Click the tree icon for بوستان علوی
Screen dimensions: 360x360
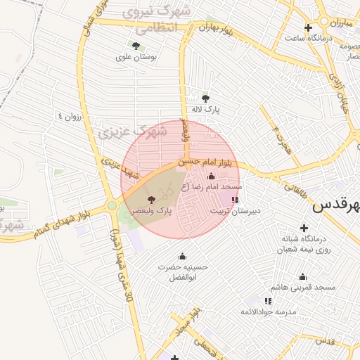tap(136, 46)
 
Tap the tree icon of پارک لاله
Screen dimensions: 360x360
tap(205, 98)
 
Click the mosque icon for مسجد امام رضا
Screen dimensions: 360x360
tap(212, 176)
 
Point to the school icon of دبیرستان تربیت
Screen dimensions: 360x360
tap(234, 200)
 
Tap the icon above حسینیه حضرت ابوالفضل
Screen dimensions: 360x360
tap(183, 256)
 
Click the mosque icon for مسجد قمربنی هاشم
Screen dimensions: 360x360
tap(303, 276)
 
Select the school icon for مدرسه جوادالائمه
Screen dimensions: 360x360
tap(268, 300)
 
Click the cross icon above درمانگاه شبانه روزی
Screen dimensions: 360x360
tap(304, 228)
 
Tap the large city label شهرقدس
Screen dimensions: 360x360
tap(337, 206)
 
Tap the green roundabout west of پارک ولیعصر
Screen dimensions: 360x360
tap(112, 207)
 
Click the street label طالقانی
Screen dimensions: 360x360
tap(295, 184)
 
